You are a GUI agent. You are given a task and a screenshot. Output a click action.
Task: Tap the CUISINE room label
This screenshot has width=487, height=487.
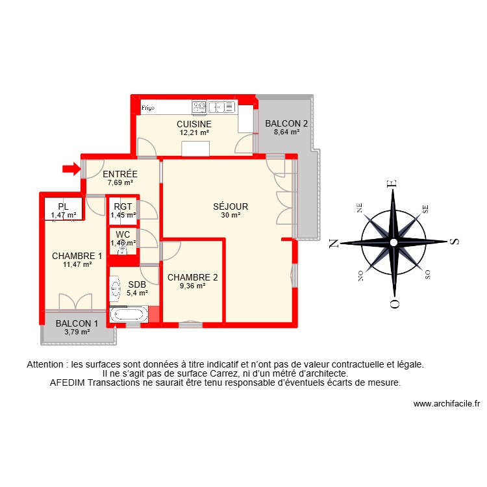point(194,124)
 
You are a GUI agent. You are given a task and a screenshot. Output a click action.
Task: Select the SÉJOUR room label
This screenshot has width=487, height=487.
point(231,207)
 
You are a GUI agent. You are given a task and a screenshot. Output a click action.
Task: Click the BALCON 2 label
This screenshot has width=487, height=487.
point(286,123)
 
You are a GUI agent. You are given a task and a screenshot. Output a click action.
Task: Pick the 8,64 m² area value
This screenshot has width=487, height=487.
point(286,132)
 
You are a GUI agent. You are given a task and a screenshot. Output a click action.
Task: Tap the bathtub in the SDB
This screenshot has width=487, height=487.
point(129,315)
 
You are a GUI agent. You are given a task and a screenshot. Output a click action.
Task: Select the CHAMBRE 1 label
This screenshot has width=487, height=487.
point(77,256)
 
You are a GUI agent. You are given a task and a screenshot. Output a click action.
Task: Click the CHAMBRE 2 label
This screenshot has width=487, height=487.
point(192,277)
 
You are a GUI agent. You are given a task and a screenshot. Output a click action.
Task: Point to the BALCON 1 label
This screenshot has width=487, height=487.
point(77,324)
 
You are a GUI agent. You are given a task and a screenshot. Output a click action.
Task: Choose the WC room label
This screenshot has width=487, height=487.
point(123,234)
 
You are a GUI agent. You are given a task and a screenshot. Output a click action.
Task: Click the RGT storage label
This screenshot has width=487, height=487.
point(123,206)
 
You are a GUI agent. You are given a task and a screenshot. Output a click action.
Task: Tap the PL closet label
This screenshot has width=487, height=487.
point(63,206)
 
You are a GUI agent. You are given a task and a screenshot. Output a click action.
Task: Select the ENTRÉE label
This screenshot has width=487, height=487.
point(120,174)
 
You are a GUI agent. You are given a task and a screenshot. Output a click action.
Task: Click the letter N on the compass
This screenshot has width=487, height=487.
point(334,243)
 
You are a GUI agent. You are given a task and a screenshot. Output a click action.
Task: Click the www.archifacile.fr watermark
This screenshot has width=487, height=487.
point(446,403)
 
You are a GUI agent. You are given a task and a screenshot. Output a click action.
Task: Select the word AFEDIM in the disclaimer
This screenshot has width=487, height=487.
point(68,382)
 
